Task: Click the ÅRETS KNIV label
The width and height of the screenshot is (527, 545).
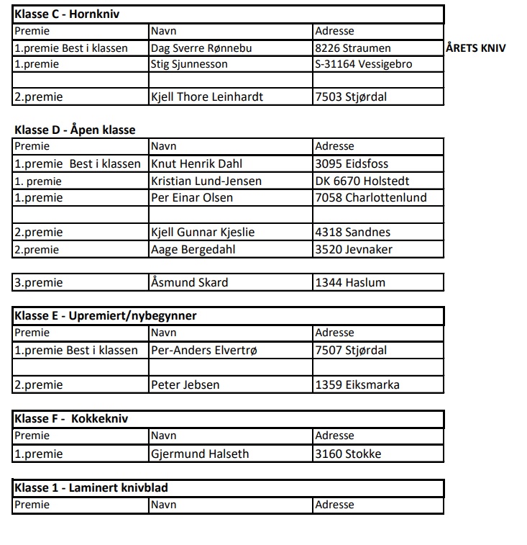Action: coord(475,48)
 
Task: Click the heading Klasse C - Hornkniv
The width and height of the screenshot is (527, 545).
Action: coord(66,14)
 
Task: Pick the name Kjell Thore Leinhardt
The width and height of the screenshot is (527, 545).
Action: coord(206,96)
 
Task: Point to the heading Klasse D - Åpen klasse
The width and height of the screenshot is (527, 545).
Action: coord(75,130)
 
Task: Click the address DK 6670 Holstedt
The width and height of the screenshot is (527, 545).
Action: coord(362,181)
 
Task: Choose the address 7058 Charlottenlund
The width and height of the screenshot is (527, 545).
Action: coord(370,197)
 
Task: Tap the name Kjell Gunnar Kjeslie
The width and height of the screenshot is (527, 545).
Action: coord(203,232)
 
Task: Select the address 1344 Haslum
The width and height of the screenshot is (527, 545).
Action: coord(350,282)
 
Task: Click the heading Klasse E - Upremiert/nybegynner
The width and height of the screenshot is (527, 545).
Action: coord(105,315)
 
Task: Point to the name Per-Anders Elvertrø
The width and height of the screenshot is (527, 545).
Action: coord(203,351)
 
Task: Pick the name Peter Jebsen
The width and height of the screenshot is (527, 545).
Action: coord(185,384)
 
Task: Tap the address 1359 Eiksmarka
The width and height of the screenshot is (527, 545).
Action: coord(357,384)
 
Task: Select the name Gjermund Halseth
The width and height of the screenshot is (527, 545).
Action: coord(200,454)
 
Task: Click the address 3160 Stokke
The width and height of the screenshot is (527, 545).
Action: coord(348,454)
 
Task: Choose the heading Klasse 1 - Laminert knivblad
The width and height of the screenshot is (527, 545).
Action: coord(91,488)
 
